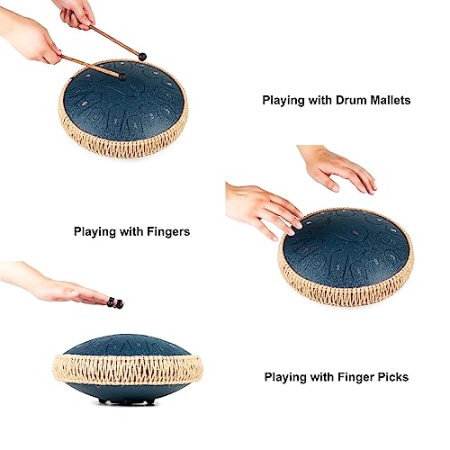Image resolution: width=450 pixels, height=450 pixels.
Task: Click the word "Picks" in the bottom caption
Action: click(x=391, y=378)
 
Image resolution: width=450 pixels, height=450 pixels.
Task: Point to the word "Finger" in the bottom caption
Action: click(x=348, y=378)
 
